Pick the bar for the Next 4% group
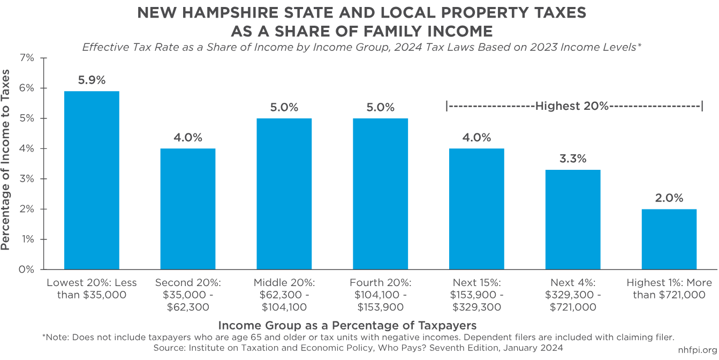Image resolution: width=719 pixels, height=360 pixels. [573, 219]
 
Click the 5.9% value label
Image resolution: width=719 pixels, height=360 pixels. [92, 80]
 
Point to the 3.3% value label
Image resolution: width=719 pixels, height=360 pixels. [573, 159]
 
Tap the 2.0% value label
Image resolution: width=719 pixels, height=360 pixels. [669, 198]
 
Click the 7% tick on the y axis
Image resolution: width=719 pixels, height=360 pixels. [26, 58]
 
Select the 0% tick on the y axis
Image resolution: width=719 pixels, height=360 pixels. [26, 269]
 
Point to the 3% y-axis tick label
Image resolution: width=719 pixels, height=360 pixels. [26, 178]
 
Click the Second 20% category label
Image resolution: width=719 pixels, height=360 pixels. [187, 295]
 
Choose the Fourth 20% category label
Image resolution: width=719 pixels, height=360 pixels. [380, 295]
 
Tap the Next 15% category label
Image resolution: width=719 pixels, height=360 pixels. [476, 295]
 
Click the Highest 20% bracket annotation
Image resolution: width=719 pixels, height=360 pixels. [573, 106]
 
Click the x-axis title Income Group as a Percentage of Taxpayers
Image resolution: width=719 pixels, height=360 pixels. [347, 325]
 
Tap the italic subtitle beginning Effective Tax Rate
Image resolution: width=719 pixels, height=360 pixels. [361, 47]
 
